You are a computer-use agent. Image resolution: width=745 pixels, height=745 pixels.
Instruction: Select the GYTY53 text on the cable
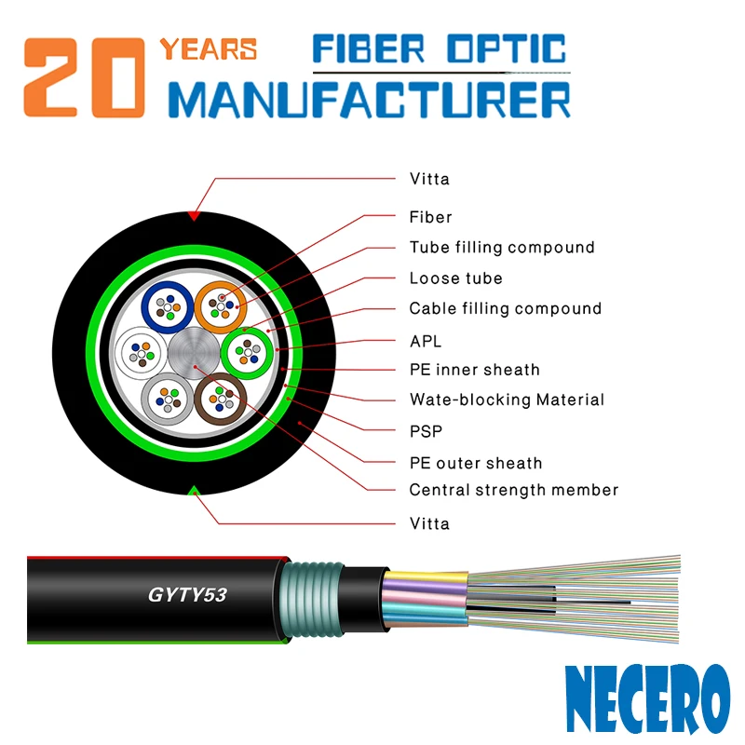pyautogui.click(x=188, y=594)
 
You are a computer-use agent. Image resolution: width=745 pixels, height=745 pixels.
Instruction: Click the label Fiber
pyautogui.click(x=430, y=217)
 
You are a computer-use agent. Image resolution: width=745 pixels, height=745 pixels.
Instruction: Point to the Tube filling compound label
pyautogui.click(x=501, y=248)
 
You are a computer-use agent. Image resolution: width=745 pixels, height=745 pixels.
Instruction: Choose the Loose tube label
pyautogui.click(x=455, y=278)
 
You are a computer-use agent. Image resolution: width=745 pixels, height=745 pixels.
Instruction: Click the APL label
pyautogui.click(x=426, y=340)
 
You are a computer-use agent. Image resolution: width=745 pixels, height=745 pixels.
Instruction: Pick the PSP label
pyautogui.click(x=426, y=431)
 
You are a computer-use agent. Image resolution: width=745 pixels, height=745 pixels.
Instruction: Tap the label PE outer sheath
pyautogui.click(x=475, y=463)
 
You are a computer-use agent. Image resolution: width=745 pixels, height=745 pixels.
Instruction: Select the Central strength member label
pyautogui.click(x=513, y=490)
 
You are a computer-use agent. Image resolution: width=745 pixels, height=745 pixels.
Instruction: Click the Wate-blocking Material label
pyautogui.click(x=507, y=400)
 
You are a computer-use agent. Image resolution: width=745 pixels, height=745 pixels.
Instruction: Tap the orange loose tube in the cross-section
pyautogui.click(x=221, y=304)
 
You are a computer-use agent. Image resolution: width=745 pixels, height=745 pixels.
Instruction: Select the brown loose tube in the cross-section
pyautogui.click(x=221, y=399)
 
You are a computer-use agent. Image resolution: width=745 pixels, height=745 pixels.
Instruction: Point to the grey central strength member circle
pyautogui.click(x=194, y=352)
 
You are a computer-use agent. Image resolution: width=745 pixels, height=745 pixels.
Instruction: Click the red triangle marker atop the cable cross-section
pyautogui.click(x=193, y=215)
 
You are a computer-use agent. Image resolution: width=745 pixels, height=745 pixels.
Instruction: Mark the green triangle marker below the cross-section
pyautogui.click(x=193, y=490)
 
